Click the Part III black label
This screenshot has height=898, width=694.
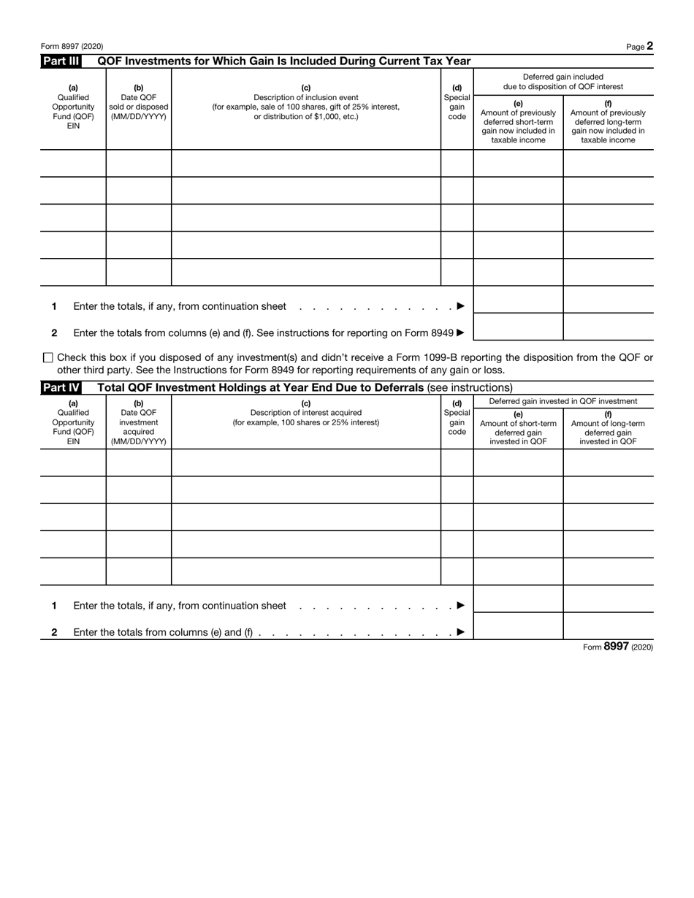click(61, 61)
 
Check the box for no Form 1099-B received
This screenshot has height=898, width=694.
click(48, 358)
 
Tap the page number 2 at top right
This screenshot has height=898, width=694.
click(649, 46)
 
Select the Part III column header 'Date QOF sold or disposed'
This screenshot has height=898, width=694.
click(139, 107)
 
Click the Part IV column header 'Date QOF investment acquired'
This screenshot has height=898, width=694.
click(139, 427)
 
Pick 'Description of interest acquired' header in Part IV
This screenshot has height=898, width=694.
click(305, 413)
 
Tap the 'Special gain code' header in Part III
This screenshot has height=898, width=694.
click(457, 107)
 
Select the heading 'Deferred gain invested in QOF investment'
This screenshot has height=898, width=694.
click(563, 401)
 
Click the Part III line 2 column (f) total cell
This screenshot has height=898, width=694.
click(608, 327)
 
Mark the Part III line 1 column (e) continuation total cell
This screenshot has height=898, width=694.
click(518, 300)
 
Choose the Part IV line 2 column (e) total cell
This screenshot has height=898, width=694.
click(518, 626)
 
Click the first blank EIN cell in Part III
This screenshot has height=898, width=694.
click(73, 163)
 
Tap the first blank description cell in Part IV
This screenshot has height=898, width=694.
click(305, 463)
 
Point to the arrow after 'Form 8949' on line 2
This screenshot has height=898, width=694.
click(460, 333)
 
